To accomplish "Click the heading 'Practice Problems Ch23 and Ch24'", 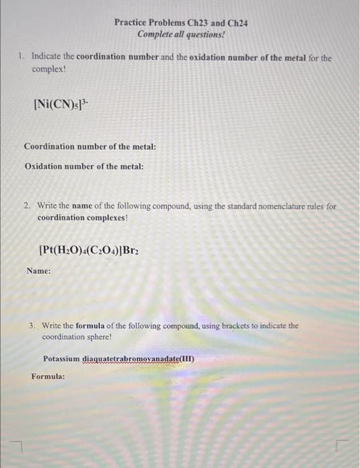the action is [x=180, y=22].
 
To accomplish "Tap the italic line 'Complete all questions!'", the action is [x=180, y=33].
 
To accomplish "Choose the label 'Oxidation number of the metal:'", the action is [x=84, y=166].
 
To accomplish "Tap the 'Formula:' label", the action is [x=48, y=376].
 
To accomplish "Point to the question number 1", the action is [x=22, y=57].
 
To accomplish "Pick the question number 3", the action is [x=32, y=326].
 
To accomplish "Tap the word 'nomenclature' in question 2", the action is [x=281, y=207].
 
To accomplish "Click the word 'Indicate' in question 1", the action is [x=46, y=57].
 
